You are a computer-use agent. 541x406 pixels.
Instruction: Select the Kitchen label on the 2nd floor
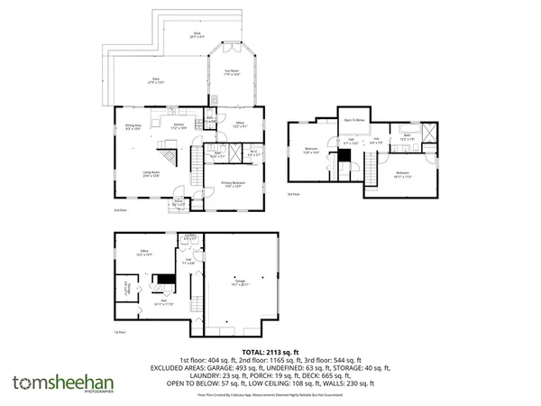[x=179, y=125]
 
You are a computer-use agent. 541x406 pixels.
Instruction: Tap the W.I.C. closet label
[x=254, y=153]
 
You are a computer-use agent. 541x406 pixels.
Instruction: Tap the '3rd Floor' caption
[x=292, y=193]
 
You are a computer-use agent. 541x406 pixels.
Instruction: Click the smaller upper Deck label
[x=197, y=36]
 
